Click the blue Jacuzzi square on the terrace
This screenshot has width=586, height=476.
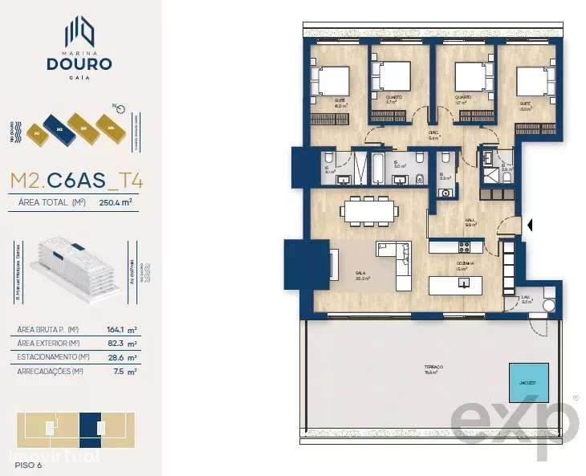coord(528,382)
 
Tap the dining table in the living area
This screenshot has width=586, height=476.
coord(368,211)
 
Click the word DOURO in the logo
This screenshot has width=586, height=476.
coord(79,63)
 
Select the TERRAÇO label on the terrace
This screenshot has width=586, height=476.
coord(434,367)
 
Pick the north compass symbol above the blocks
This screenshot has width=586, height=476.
coord(118,107)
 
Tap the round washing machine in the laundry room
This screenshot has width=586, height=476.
coord(549,305)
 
